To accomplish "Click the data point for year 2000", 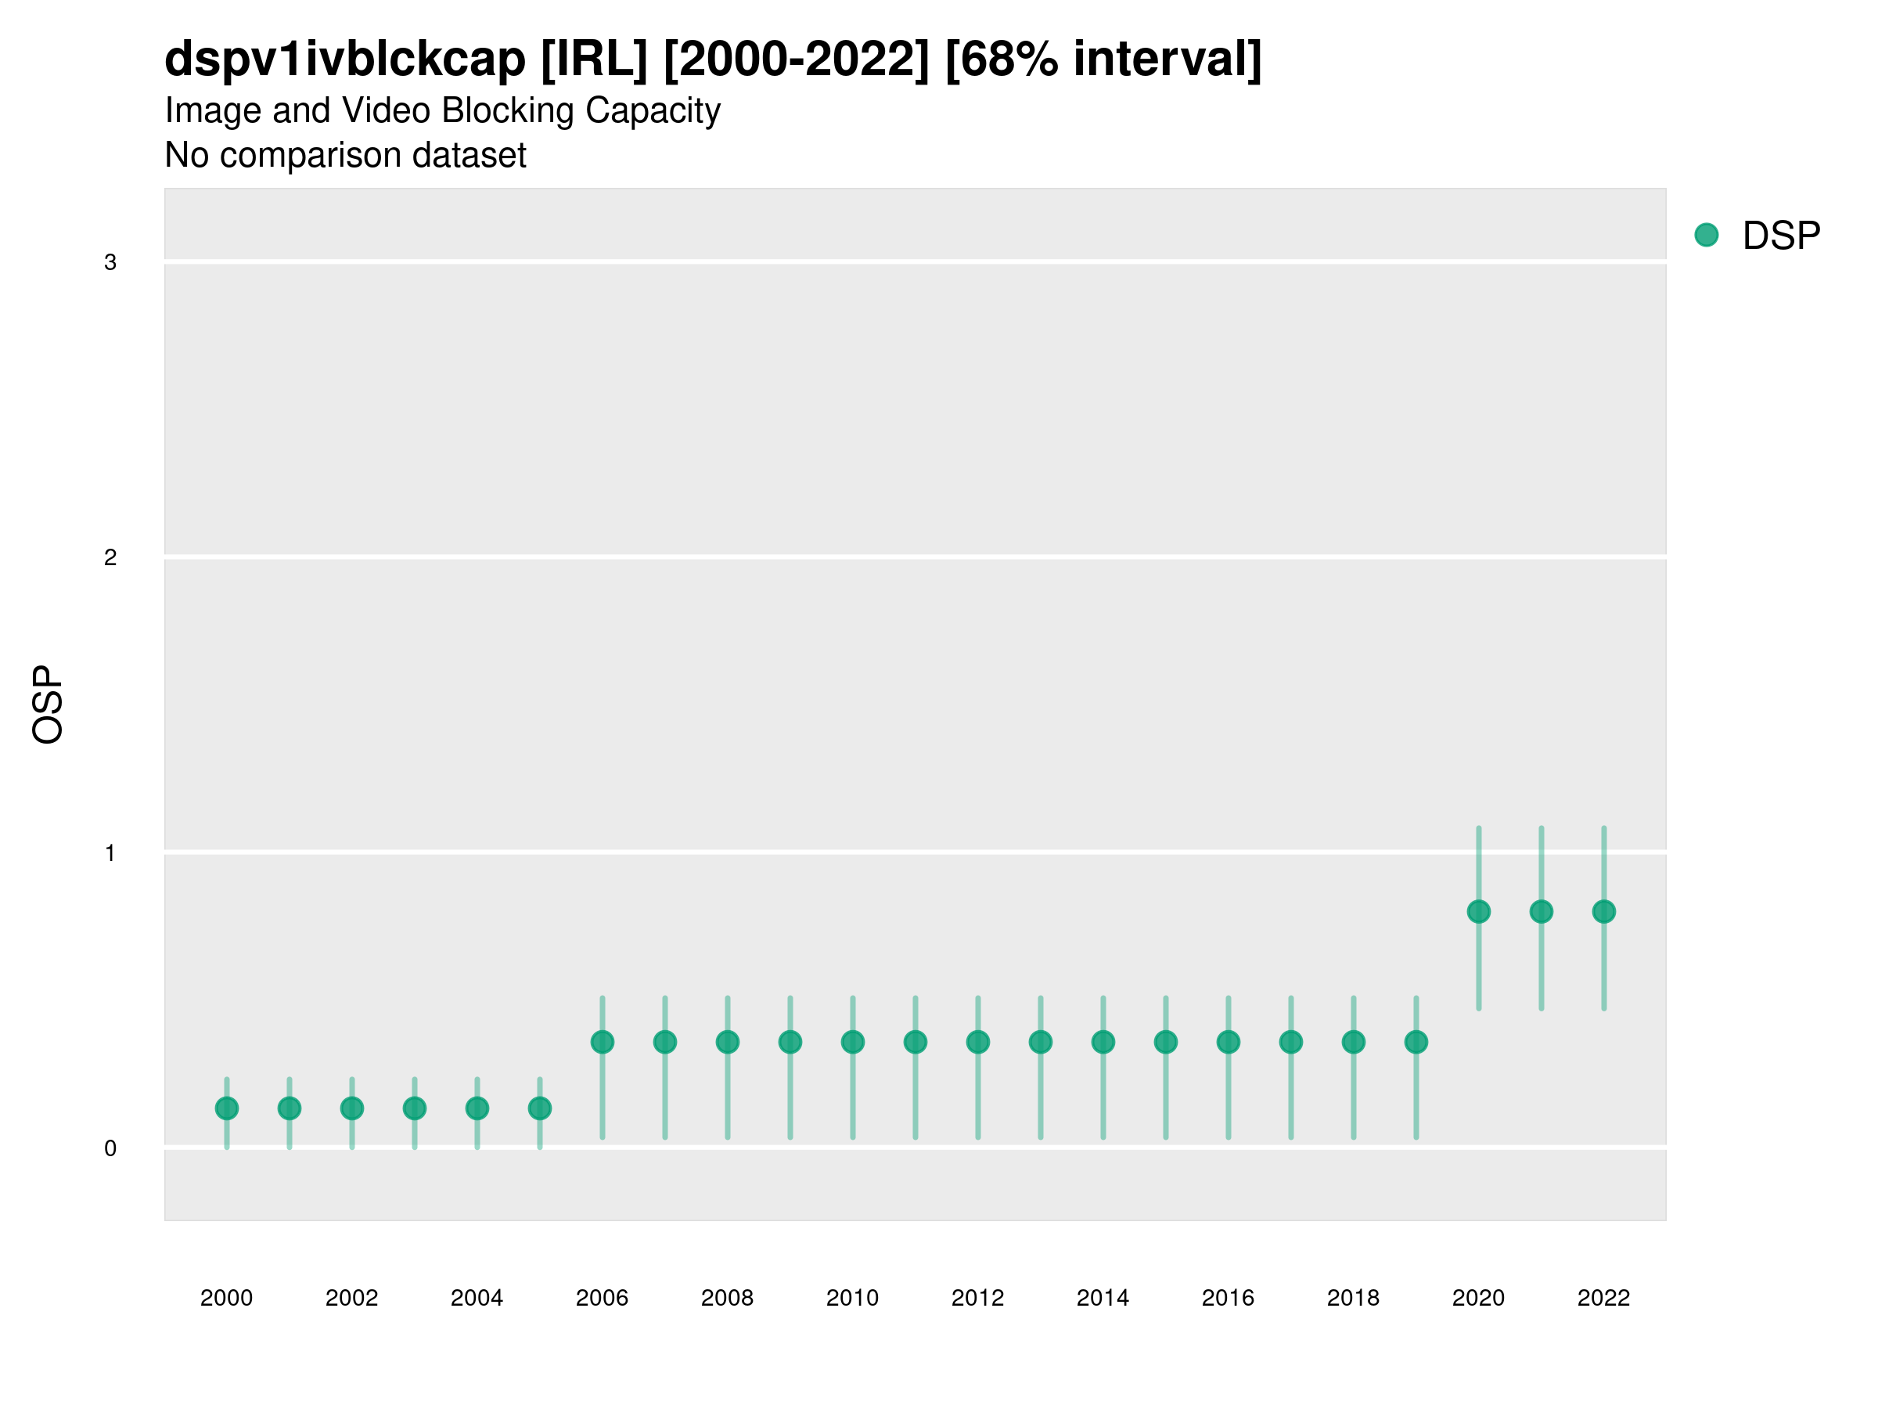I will (227, 1108).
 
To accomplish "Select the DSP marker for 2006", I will (602, 1042).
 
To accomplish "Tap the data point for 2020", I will (1478, 911).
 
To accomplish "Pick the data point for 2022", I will (1604, 911).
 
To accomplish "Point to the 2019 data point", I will (1416, 1042).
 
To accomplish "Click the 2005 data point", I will (540, 1108).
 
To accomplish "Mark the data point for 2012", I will (978, 1042).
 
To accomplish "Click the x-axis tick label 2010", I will (852, 1298).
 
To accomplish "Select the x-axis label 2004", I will (477, 1298).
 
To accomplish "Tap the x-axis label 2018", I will (1353, 1298).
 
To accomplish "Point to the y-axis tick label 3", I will (110, 262).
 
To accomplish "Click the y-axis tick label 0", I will (110, 1149).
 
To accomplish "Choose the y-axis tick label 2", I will (110, 558).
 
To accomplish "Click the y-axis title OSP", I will (49, 705).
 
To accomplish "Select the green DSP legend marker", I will (1707, 236).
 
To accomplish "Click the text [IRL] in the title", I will (594, 59).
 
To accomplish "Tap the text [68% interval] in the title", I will (1103, 59).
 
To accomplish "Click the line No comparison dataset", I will (346, 156).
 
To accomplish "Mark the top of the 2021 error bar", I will (1541, 828).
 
